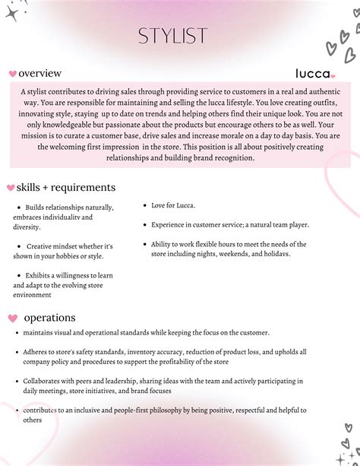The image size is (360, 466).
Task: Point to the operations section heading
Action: pyautogui.click(x=49, y=317)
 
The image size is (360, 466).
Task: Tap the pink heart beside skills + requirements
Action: pyautogui.click(x=10, y=188)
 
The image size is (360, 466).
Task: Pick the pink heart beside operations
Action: pyautogui.click(x=12, y=318)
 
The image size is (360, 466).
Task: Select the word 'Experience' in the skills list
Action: pyautogui.click(x=169, y=225)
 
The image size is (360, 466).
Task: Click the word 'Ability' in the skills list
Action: pyautogui.click(x=162, y=244)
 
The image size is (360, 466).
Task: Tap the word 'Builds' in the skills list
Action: pyautogui.click(x=36, y=208)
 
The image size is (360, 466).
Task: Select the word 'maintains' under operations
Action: pyautogui.click(x=38, y=333)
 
